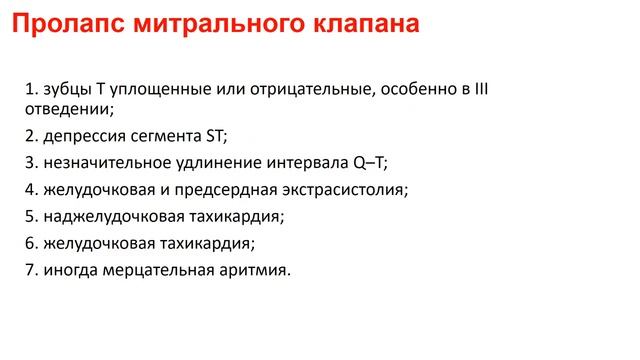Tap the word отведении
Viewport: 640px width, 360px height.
pyautogui.click(x=66, y=109)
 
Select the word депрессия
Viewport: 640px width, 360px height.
pyautogui.click(x=84, y=136)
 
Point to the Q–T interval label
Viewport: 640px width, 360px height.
pyautogui.click(x=370, y=163)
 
